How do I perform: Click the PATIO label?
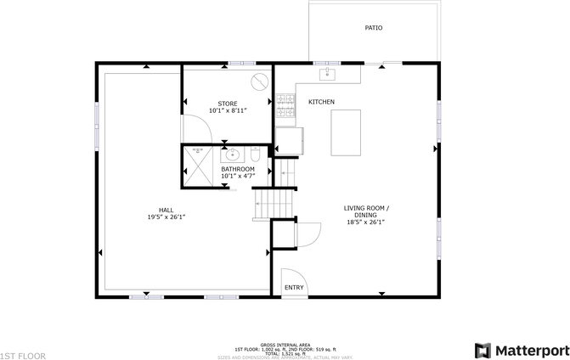373,28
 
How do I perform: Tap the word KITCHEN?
321,102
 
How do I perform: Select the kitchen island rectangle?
345,132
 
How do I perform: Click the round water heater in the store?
260,82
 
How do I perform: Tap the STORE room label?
227,104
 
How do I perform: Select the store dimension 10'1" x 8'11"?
227,110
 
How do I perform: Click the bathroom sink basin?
232,155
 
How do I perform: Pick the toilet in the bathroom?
254,155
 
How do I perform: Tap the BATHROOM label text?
237,169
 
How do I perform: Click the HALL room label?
166,210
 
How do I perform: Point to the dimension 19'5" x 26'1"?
166,217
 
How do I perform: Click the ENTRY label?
294,288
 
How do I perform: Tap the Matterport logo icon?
483,350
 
